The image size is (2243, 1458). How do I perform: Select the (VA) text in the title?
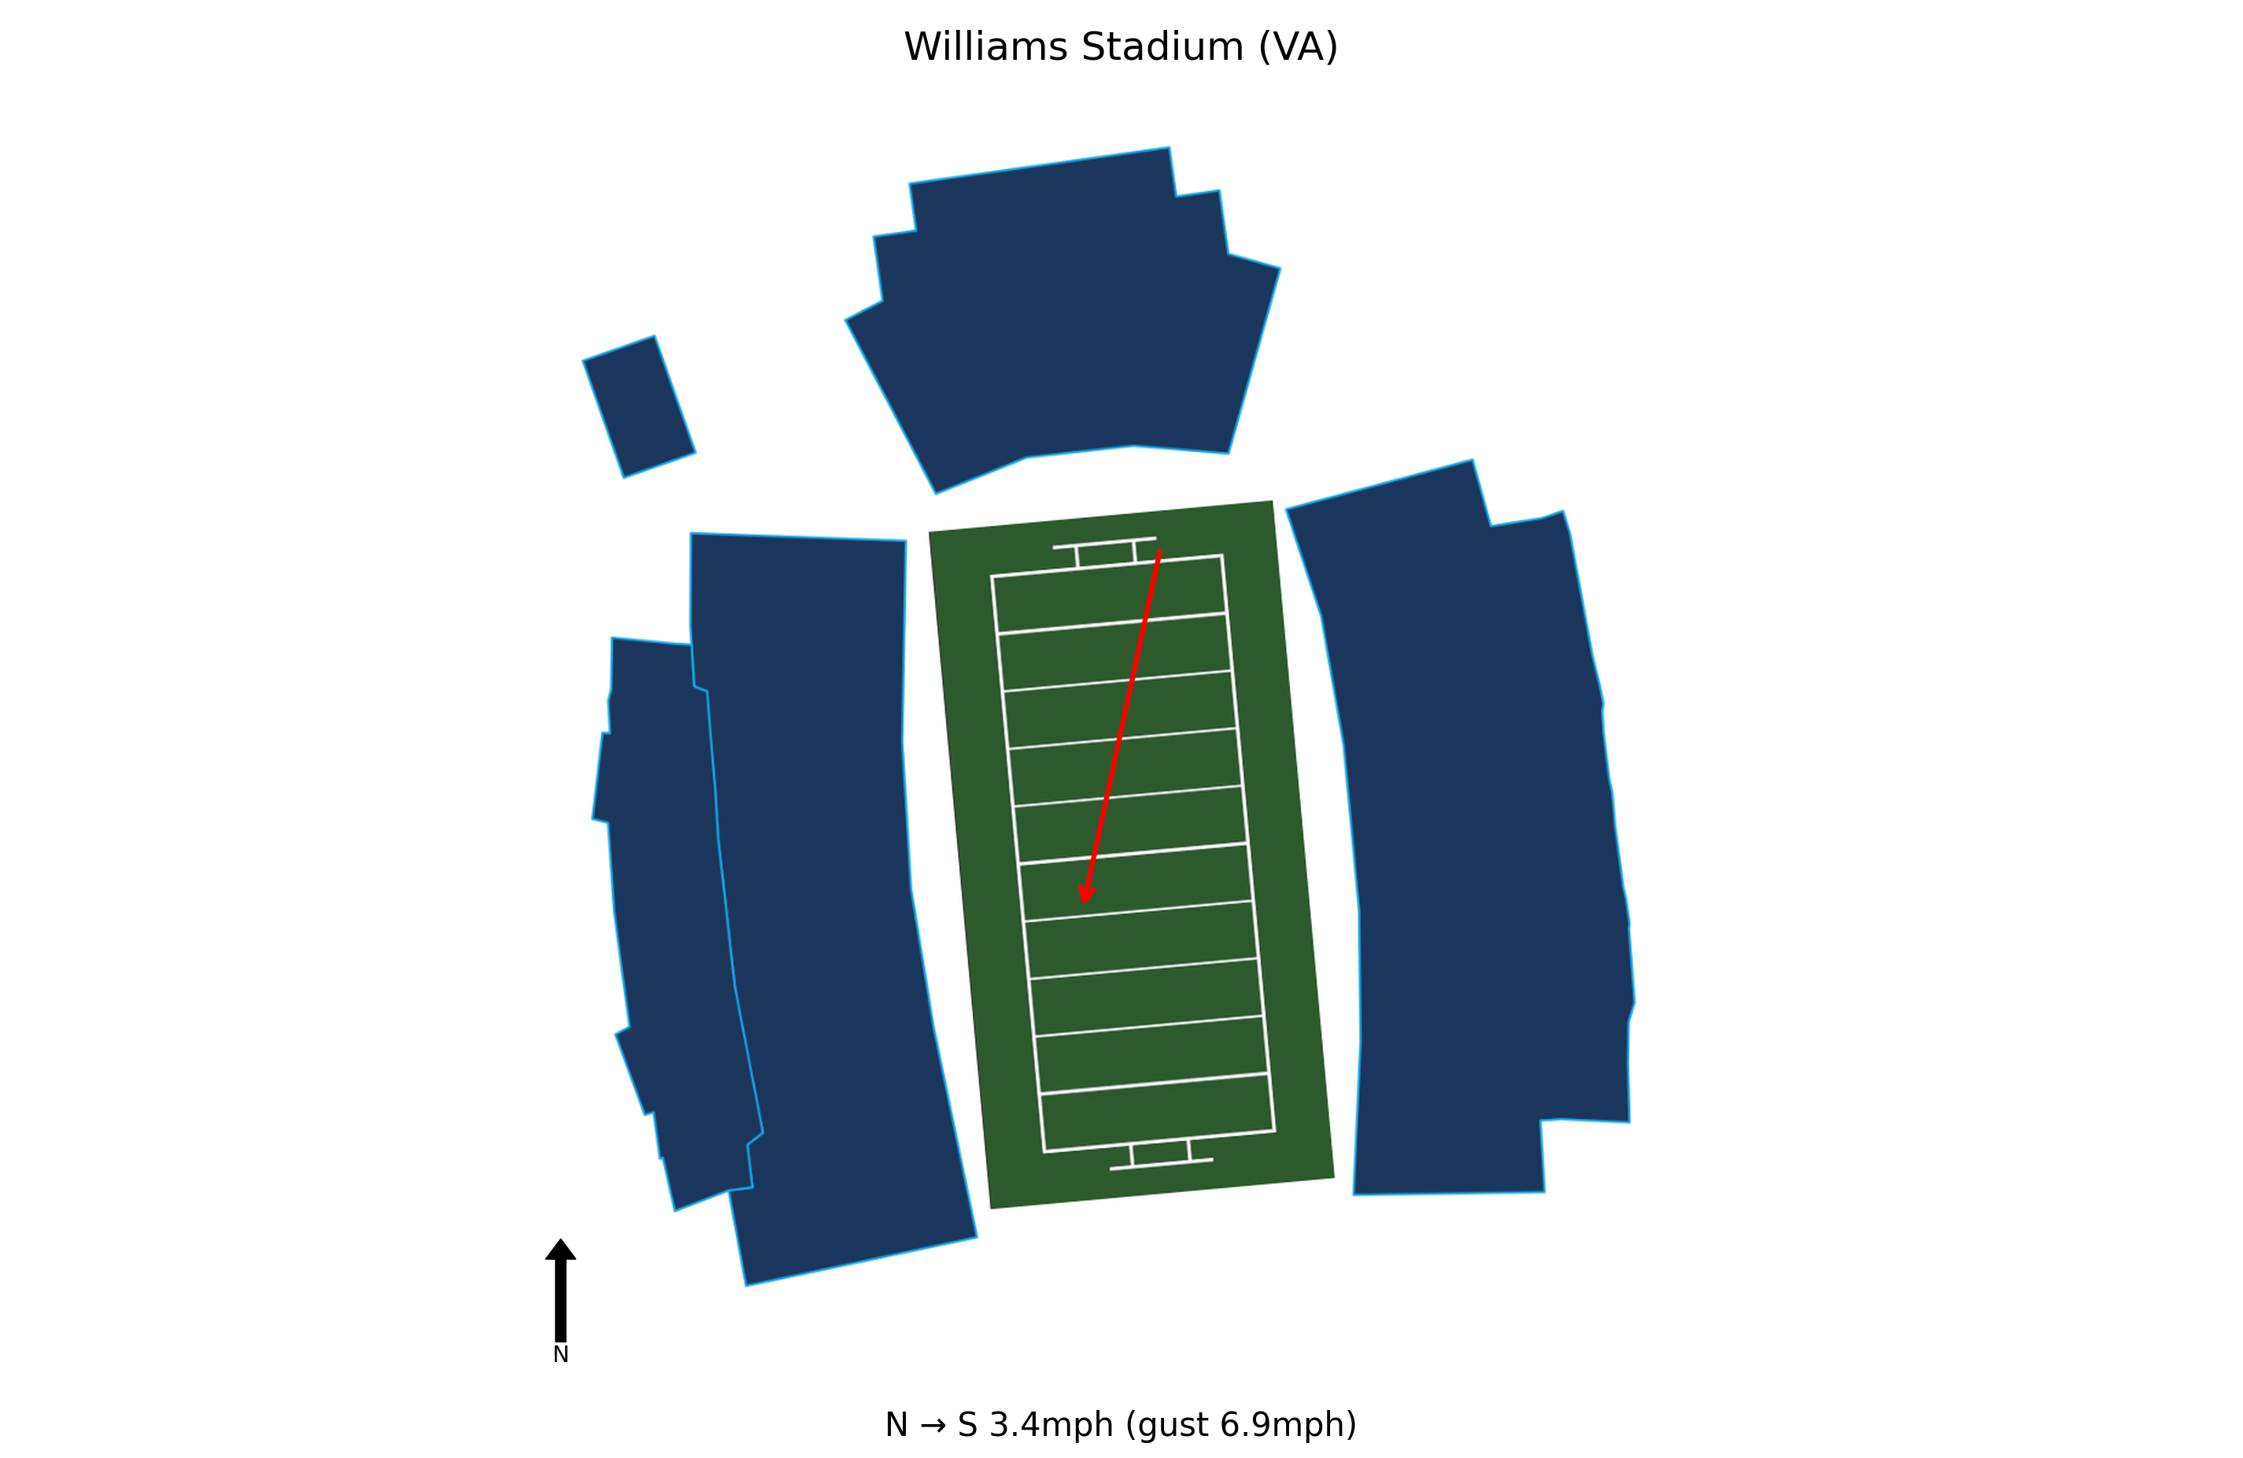[1299, 48]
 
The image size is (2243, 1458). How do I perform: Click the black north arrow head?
[560, 1249]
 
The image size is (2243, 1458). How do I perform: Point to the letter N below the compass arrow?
[560, 1355]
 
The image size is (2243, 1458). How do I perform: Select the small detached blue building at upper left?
[639, 406]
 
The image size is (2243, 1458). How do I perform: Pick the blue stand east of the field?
[1470, 829]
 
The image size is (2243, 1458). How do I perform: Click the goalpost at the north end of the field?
[1104, 552]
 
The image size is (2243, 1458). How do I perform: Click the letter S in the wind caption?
[967, 1425]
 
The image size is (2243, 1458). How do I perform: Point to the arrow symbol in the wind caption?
[933, 1426]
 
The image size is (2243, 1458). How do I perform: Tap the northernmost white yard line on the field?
[1112, 623]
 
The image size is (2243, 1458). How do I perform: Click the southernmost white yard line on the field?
[1155, 1083]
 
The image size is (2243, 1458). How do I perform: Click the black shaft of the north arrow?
[560, 1301]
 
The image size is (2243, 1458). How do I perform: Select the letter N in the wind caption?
[896, 1425]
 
